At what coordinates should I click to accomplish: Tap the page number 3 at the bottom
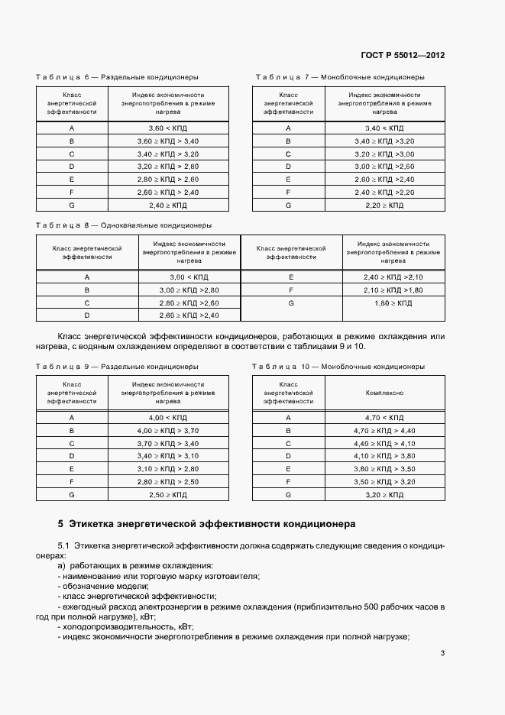click(443, 653)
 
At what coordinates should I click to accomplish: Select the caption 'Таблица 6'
click(62, 77)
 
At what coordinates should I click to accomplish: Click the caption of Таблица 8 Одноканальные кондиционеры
click(124, 225)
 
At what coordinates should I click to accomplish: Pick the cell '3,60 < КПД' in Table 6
click(167, 128)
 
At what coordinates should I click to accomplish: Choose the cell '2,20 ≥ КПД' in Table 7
click(384, 205)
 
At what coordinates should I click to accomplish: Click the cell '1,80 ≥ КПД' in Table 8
click(393, 303)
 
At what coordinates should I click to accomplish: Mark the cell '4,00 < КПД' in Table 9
click(167, 418)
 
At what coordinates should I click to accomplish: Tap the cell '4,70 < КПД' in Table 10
click(384, 418)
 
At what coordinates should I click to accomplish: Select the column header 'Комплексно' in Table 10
click(384, 393)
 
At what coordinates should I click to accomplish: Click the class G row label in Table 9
click(71, 495)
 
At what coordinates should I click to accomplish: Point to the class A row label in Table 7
click(288, 128)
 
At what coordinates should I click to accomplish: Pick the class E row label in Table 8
click(291, 277)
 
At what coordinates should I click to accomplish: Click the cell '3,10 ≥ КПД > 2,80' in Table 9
click(167, 469)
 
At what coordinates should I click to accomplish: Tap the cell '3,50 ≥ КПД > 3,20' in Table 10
click(384, 482)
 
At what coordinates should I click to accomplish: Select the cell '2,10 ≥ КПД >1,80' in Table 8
click(393, 290)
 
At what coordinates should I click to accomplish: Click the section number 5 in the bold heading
click(60, 525)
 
